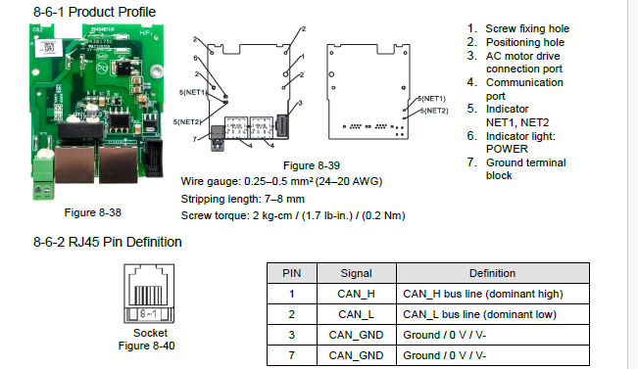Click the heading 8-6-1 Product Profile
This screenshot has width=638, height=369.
(x=94, y=12)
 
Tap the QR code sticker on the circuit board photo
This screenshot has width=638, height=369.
(x=48, y=48)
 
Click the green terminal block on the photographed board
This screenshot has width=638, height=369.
(x=43, y=179)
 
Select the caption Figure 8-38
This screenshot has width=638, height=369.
(x=93, y=212)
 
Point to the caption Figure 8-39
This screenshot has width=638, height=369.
(x=312, y=165)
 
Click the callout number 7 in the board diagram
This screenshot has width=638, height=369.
(x=194, y=139)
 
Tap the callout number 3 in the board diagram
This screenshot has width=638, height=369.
(x=300, y=103)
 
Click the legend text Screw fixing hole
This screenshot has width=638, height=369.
(x=527, y=28)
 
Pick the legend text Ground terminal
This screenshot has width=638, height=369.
(x=525, y=162)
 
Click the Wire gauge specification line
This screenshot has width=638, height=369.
(x=281, y=181)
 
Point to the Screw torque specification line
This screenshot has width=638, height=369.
(x=293, y=215)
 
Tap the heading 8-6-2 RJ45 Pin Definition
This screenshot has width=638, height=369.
(x=108, y=242)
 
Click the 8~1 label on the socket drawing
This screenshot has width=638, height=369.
(x=148, y=314)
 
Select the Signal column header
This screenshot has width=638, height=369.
(x=356, y=273)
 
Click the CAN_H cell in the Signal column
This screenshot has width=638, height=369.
(x=356, y=294)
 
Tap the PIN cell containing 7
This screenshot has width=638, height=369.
(x=292, y=355)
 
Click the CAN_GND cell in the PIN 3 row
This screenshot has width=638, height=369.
(x=356, y=335)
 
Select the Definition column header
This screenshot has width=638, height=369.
(x=493, y=273)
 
